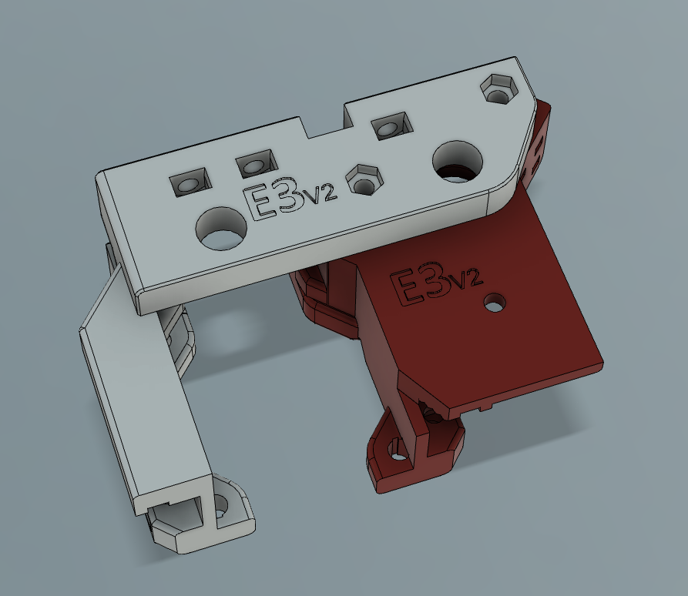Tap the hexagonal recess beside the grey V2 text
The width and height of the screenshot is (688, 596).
click(364, 180)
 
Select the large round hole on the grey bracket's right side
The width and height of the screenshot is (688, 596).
click(458, 162)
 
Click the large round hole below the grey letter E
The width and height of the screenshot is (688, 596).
click(220, 229)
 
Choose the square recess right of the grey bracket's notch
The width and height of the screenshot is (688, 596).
click(392, 126)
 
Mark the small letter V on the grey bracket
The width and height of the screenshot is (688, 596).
click(312, 197)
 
